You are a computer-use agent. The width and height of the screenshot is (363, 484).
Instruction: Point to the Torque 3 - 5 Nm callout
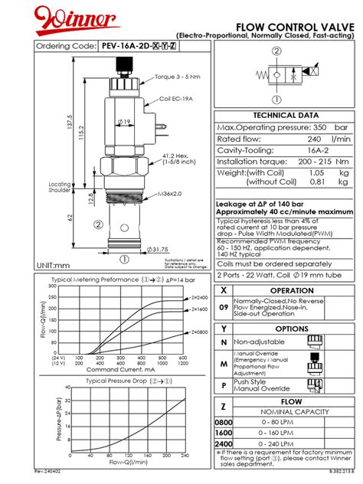pos(175,77)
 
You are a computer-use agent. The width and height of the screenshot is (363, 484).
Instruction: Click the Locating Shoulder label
pos(60,188)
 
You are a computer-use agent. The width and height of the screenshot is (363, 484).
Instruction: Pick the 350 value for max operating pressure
pos(319,126)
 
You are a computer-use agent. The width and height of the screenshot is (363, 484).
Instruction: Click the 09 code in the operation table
pos(224,306)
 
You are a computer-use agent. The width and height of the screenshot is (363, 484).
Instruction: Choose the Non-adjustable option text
pos(260,342)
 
